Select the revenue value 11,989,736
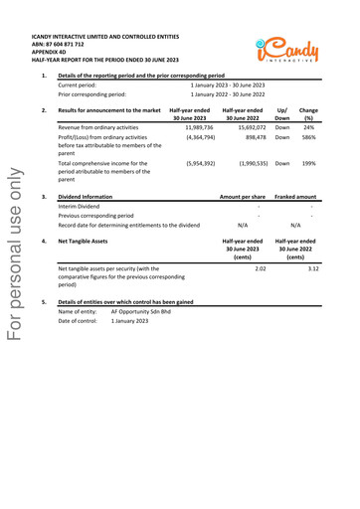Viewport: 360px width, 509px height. click(199, 127)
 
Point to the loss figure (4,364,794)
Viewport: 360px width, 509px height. click(198, 137)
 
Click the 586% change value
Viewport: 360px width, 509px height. click(308, 137)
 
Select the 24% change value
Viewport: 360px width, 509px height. click(309, 127)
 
